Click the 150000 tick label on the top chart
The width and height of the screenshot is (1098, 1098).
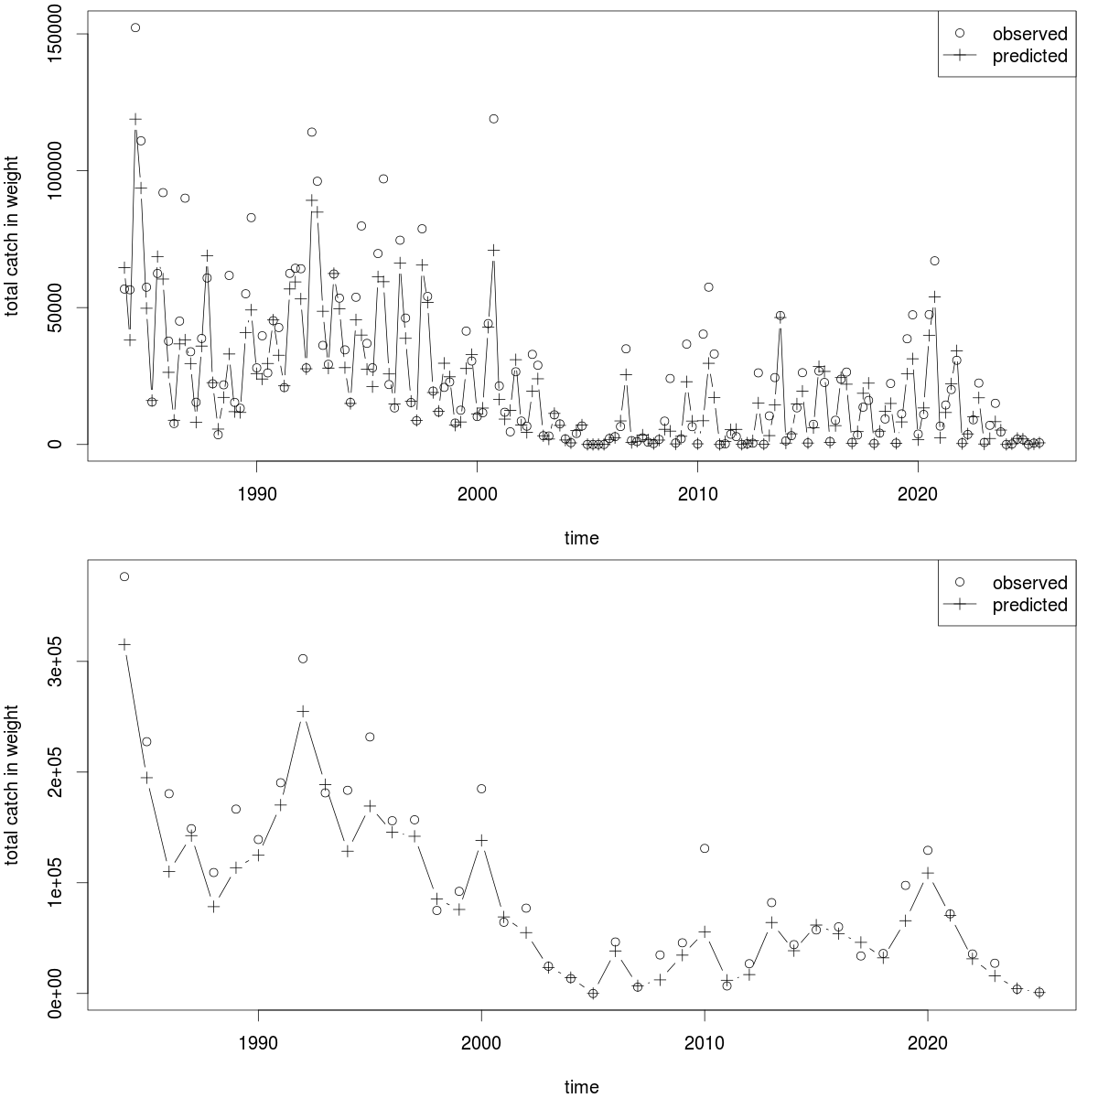56,34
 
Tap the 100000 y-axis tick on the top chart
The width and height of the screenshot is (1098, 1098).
56,170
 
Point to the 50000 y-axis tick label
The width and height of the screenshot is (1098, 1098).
56,307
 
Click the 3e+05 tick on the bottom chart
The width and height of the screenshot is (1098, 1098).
56,662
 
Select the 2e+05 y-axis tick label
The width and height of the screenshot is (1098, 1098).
56,772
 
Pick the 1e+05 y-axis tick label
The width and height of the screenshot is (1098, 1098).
56,883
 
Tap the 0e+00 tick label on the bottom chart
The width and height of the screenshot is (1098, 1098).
56,993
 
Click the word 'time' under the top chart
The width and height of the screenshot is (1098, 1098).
581,538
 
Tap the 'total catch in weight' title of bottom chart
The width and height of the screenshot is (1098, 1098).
13,788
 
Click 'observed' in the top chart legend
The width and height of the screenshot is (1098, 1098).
1030,34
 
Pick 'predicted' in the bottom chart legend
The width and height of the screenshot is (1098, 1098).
1030,605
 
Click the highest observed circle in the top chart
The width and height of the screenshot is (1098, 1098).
135,27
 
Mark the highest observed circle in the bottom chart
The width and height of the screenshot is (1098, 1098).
124,576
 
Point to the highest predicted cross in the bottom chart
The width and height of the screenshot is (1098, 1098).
124,645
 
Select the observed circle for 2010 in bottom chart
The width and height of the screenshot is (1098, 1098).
705,848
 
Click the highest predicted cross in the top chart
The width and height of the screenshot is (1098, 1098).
135,119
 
